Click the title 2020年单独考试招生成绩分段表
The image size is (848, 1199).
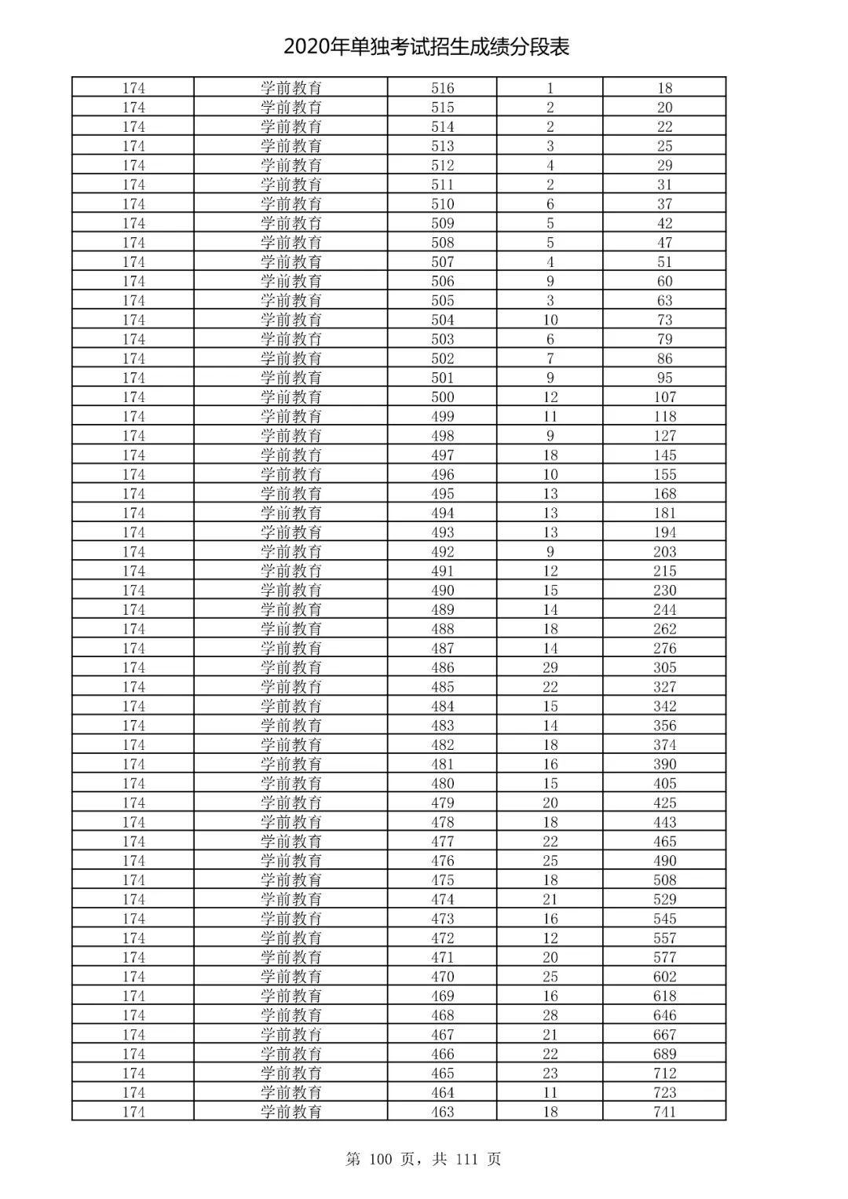pyautogui.click(x=426, y=47)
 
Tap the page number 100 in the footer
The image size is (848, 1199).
pyautogui.click(x=386, y=1159)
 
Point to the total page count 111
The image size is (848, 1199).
pyautogui.click(x=466, y=1159)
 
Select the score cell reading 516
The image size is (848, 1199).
pyautogui.click(x=443, y=88)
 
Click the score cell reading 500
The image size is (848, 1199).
pyautogui.click(x=443, y=397)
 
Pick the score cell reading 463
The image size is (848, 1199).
pyautogui.click(x=443, y=1112)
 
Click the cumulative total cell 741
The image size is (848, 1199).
pyautogui.click(x=664, y=1112)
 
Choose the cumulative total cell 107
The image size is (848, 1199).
pyautogui.click(x=664, y=397)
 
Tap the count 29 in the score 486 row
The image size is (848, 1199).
pyautogui.click(x=550, y=667)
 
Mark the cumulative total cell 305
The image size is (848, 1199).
pyautogui.click(x=664, y=667)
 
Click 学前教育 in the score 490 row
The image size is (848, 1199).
pyautogui.click(x=291, y=590)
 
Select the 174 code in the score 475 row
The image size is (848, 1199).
pyautogui.click(x=133, y=880)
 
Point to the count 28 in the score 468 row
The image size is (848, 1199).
pyautogui.click(x=550, y=1015)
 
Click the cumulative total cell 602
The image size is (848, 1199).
pyautogui.click(x=664, y=977)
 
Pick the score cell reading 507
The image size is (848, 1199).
pyautogui.click(x=443, y=262)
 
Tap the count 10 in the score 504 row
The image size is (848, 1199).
pyautogui.click(x=550, y=320)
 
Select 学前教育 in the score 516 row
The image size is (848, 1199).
pyautogui.click(x=291, y=88)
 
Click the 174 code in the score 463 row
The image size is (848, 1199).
pyautogui.click(x=133, y=1112)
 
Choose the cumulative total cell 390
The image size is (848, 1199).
pyautogui.click(x=664, y=764)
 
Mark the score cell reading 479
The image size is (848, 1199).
pyautogui.click(x=443, y=802)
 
